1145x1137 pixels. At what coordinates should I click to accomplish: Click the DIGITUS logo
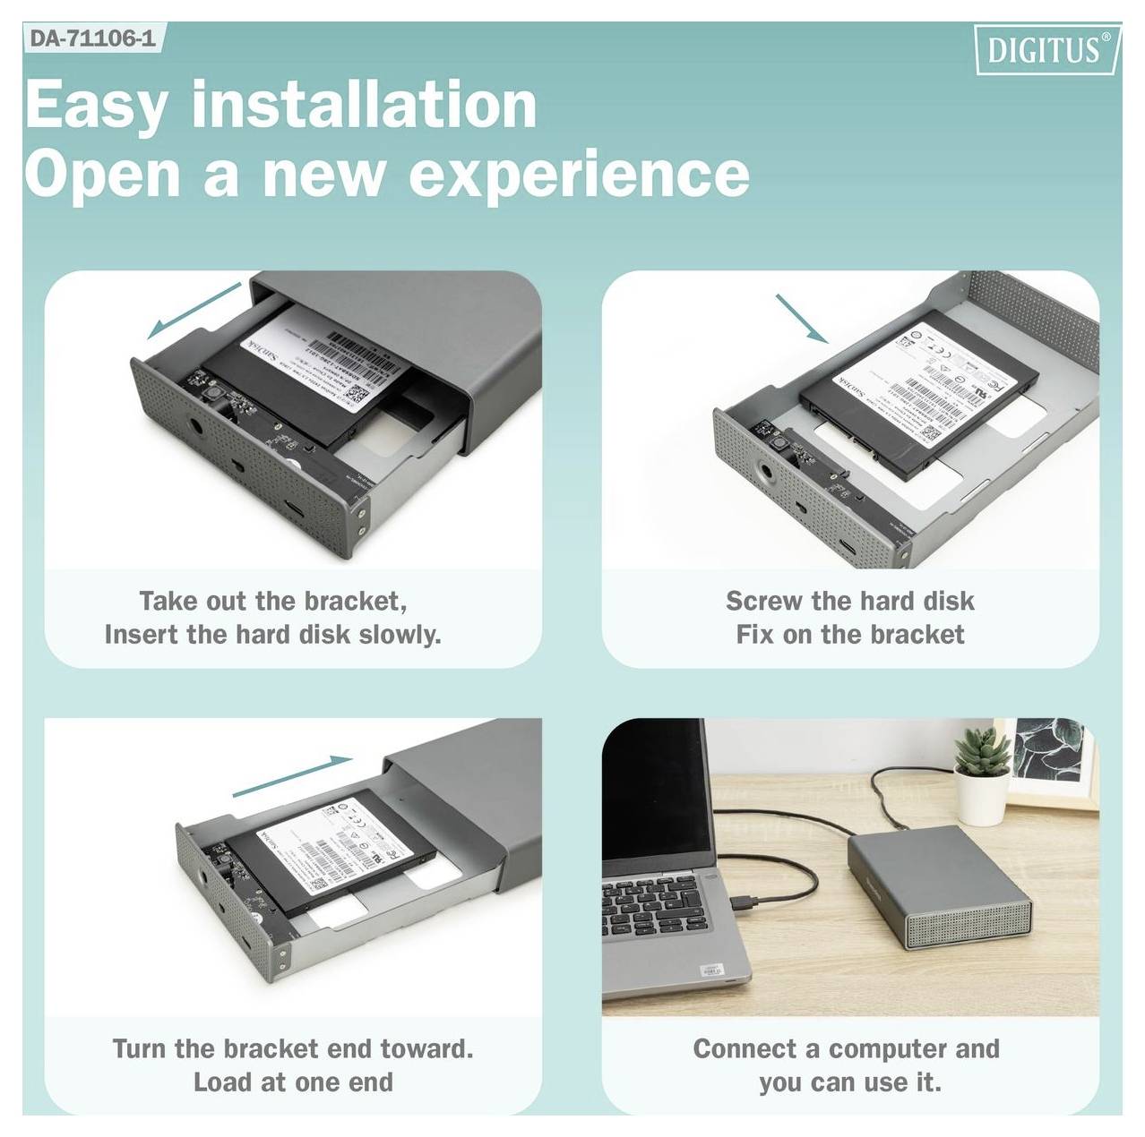click(x=1046, y=49)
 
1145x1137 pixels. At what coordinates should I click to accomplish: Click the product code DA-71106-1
click(x=92, y=39)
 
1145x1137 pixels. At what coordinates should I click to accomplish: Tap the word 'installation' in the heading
click(x=364, y=105)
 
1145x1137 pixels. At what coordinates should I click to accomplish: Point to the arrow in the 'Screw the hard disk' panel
click(x=801, y=318)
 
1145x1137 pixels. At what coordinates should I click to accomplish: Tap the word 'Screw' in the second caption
click(x=764, y=601)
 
